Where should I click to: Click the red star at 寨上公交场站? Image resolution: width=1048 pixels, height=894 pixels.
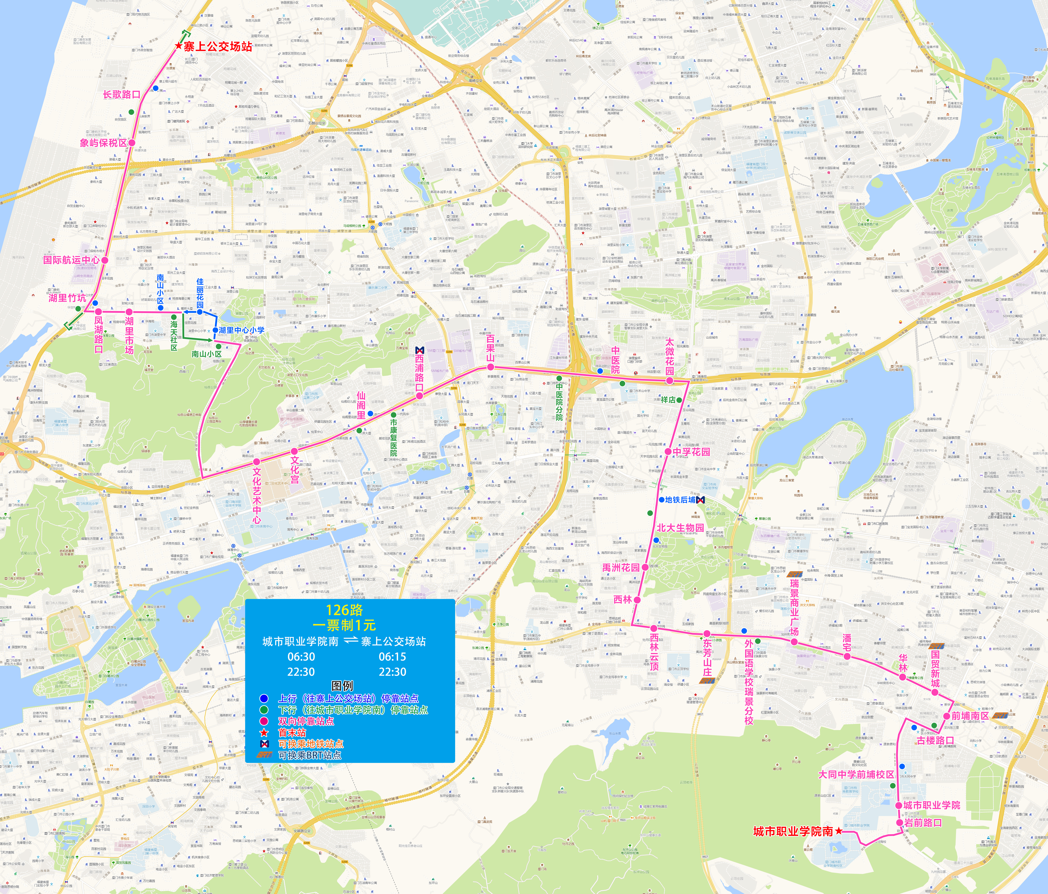[x=178, y=46]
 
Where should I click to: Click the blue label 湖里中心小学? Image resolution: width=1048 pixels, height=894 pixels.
[x=241, y=330]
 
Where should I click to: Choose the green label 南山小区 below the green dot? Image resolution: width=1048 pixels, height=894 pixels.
[x=206, y=354]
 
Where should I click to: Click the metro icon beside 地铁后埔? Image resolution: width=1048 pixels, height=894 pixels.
[x=700, y=500]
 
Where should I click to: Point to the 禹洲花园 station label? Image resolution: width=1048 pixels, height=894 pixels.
[x=621, y=568]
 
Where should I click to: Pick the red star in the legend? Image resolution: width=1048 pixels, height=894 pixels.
[x=264, y=733]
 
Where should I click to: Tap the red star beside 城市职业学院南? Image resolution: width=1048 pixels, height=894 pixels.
[x=838, y=831]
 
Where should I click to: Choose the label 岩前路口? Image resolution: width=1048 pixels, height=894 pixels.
[x=923, y=823]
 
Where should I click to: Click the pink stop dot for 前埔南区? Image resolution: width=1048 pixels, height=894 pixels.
[x=946, y=716]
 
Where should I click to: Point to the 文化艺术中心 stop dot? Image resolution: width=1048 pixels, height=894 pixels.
[x=257, y=461]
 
